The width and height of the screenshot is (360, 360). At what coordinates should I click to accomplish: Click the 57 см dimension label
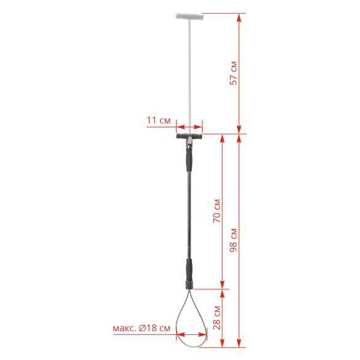(233, 73)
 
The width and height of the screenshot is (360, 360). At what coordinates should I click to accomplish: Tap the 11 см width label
(158, 120)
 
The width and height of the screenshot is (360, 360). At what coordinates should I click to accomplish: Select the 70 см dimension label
(217, 210)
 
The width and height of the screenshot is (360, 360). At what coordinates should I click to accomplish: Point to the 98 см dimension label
(233, 240)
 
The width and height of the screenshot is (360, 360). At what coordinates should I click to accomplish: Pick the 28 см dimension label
(217, 318)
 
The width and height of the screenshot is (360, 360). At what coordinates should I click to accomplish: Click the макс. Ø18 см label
(142, 328)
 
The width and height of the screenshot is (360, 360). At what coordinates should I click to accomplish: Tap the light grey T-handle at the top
(190, 17)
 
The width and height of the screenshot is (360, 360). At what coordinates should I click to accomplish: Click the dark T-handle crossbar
(190, 136)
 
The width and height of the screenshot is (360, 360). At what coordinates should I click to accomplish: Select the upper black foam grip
(189, 159)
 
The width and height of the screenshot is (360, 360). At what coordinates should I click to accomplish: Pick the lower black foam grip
(189, 270)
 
